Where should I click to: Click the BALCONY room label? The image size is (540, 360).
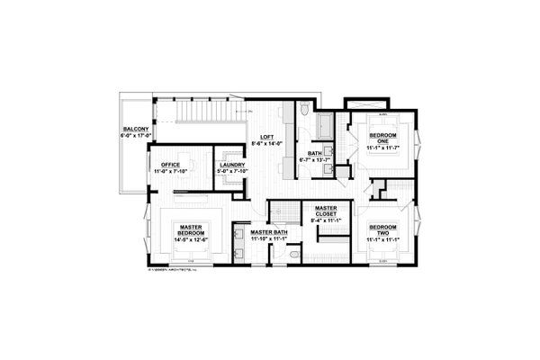click(x=135, y=131)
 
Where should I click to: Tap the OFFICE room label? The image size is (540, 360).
click(x=171, y=166)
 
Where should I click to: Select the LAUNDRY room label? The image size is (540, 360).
click(x=232, y=166)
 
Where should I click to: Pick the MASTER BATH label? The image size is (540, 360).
click(x=269, y=232)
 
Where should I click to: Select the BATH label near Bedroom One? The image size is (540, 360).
click(x=315, y=154)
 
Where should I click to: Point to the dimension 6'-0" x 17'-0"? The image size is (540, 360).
click(x=135, y=138)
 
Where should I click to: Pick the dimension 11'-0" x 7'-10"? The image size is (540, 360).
click(x=171, y=172)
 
